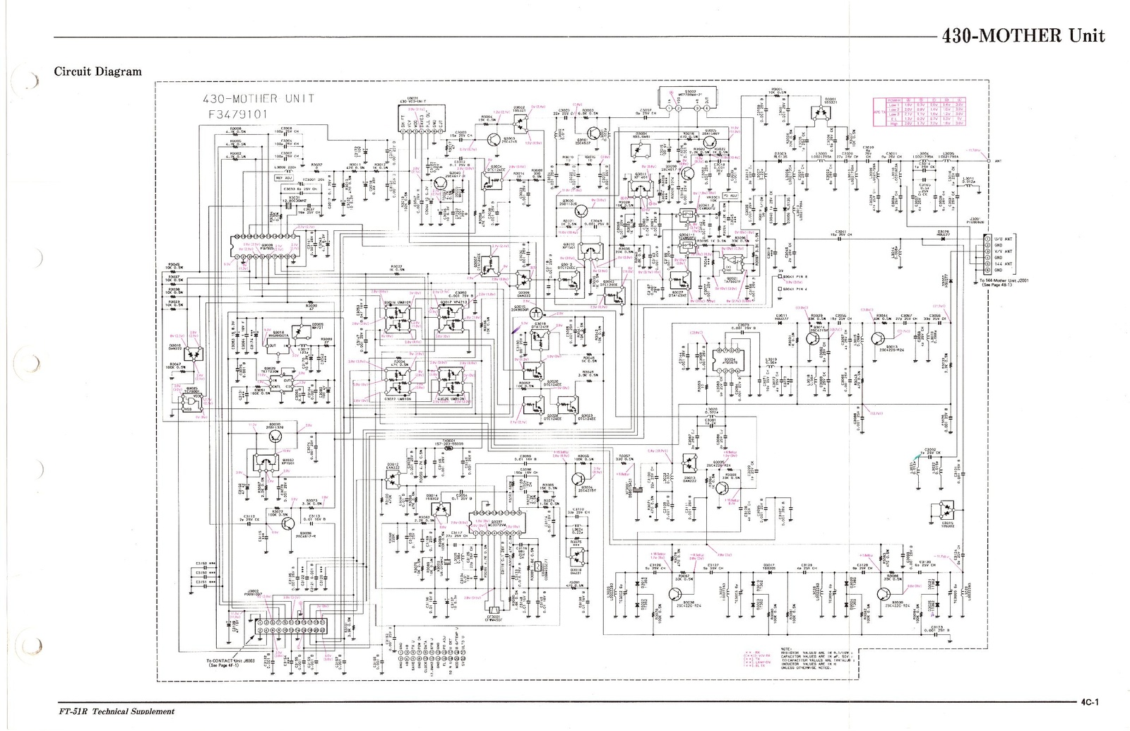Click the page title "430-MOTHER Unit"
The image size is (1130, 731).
point(1023,35)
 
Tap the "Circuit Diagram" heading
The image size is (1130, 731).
point(97,71)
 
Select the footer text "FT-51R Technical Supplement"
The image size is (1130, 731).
point(116,711)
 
